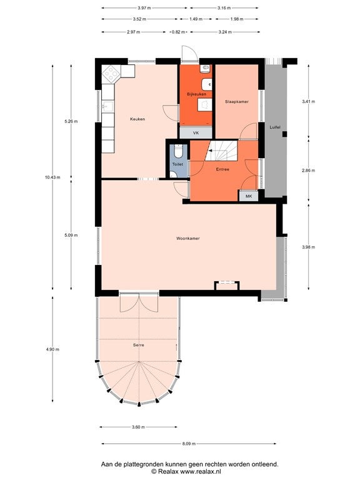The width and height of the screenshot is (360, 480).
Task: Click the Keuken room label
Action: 137,119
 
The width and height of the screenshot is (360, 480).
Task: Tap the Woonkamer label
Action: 188,238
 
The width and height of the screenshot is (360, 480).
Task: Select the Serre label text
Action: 138,345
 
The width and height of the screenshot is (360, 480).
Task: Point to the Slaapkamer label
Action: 237,102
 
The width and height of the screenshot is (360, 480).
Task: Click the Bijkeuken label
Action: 196,94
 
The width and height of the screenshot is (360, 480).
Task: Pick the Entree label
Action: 222,169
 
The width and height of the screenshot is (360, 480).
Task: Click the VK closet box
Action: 196,133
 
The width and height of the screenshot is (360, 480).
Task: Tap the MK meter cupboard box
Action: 249,196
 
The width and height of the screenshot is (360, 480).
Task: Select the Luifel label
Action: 275,127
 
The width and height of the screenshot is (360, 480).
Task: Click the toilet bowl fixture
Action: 179,151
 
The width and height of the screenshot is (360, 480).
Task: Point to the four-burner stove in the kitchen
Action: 111,74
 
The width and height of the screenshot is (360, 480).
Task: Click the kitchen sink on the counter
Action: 108,106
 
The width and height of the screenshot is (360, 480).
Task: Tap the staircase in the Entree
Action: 221,150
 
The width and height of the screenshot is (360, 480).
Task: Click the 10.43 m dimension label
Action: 52,177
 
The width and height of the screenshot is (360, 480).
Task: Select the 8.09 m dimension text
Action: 189,444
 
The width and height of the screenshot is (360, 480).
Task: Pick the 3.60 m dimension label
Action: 138,427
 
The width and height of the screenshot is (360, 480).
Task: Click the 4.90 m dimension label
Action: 52,349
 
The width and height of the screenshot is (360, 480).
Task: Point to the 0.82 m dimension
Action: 179,32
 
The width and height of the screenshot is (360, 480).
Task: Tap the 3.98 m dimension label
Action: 308,247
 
